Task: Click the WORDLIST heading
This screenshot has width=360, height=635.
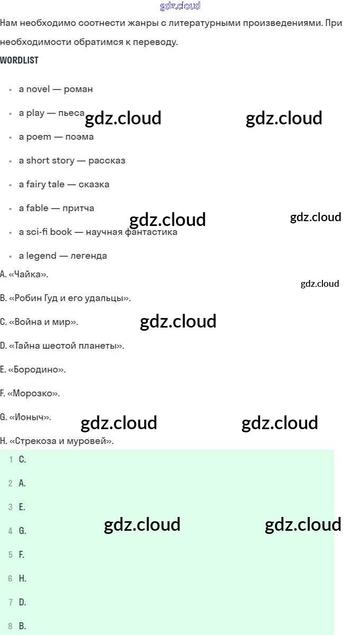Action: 19,60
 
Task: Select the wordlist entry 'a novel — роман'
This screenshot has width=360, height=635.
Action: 56,89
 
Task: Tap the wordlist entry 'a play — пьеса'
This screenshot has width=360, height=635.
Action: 51,113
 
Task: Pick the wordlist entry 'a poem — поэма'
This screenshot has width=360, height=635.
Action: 56,137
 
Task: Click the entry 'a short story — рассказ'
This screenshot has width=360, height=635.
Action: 72,160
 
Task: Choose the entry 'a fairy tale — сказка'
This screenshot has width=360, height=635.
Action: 64,184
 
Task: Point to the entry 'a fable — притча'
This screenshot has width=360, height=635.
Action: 57,208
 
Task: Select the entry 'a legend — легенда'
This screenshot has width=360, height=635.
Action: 63,256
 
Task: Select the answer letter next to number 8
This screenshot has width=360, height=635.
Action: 22,626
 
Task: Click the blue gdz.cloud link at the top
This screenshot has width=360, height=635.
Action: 180,6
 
